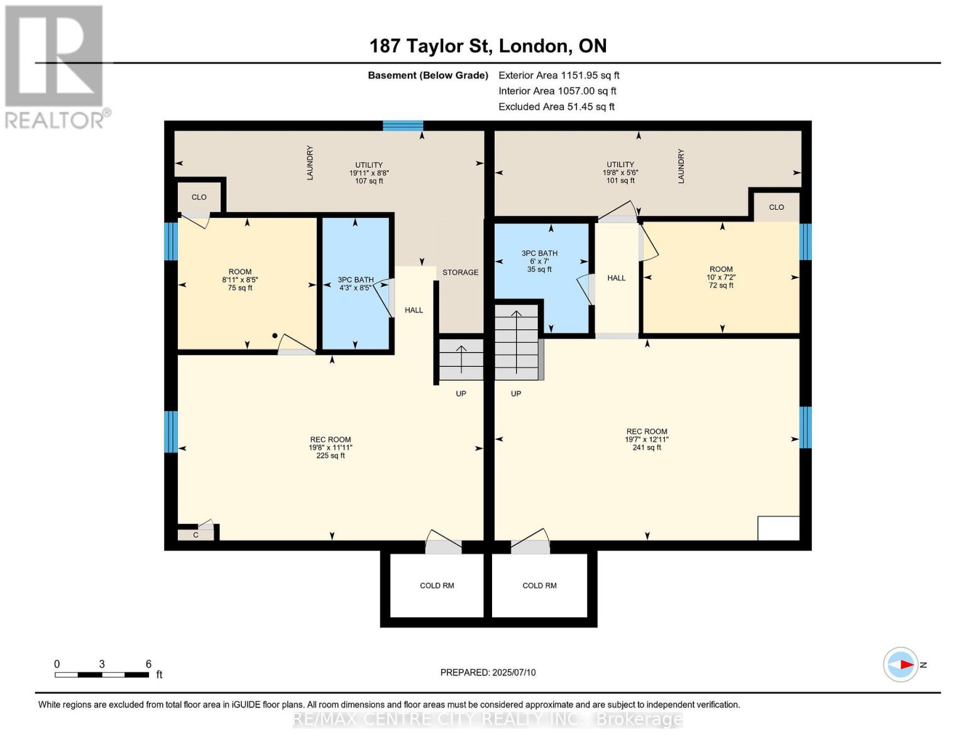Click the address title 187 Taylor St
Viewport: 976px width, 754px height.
[x=488, y=46]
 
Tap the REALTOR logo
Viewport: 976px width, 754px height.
[x=55, y=66]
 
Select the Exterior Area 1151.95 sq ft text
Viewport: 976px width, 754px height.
[x=559, y=75]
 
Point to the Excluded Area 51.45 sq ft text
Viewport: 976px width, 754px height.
[x=556, y=107]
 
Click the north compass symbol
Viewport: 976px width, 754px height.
[x=901, y=664]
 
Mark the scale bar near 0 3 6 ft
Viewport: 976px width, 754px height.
[x=101, y=675]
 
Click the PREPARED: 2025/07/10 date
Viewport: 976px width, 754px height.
[x=488, y=672]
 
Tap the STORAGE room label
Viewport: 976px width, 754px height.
[x=460, y=272]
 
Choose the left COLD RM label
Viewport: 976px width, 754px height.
[x=437, y=586]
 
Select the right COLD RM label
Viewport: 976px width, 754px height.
[x=539, y=586]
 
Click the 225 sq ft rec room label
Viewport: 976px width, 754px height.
[x=331, y=447]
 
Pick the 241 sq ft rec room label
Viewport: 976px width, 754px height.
[x=647, y=439]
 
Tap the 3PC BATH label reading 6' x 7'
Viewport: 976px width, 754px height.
[x=539, y=261]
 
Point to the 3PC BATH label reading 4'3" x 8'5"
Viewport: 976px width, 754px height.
[x=356, y=284]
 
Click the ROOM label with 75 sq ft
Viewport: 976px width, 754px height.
[x=240, y=280]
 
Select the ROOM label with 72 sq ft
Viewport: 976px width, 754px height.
[x=721, y=277]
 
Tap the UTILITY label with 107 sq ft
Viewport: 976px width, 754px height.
[x=369, y=173]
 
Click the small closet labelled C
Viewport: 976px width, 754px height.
[x=195, y=535]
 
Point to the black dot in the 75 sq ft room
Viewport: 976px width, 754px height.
[x=275, y=336]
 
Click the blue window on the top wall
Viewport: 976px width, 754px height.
[x=403, y=126]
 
